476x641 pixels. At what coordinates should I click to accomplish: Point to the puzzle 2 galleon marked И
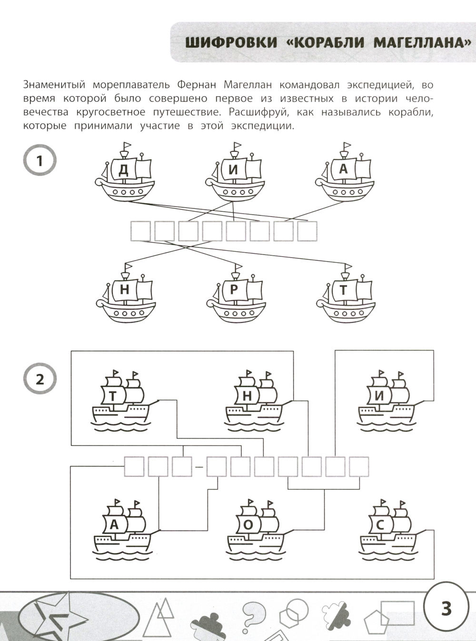386,400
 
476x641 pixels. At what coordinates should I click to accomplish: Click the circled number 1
40,160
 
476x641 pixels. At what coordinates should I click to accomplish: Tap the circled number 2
40,379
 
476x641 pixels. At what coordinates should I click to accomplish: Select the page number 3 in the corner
446,608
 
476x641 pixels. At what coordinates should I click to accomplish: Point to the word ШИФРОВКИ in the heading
231,43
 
